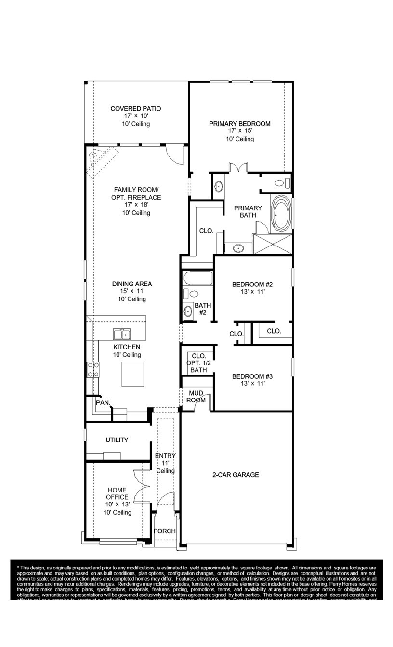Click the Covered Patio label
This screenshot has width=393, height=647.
point(135,109)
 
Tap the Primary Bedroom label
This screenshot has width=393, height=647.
point(239,124)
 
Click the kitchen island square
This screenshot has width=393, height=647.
point(132,375)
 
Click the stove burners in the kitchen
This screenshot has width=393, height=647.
point(93,370)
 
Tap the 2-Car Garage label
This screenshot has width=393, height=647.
point(236,475)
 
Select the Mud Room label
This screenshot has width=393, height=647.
point(196,397)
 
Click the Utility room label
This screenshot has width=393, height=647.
point(117,440)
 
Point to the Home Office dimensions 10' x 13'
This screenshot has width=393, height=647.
point(118,504)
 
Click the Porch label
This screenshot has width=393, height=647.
point(164,531)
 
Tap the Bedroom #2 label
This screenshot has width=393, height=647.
point(253,284)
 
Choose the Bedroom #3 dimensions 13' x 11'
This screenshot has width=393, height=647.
point(253,384)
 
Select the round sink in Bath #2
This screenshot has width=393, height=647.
point(188,311)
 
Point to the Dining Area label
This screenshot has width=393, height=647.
point(131,284)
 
